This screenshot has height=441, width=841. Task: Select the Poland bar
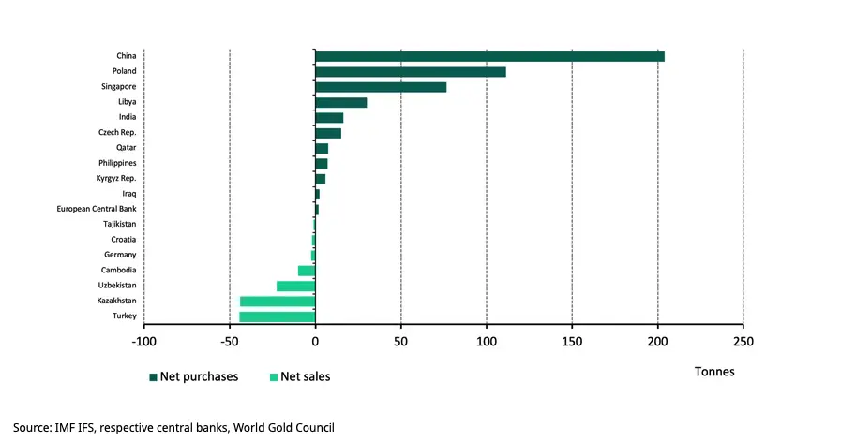(x=411, y=72)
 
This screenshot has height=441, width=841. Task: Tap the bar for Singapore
(x=381, y=87)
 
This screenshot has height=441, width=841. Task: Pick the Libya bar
(x=340, y=102)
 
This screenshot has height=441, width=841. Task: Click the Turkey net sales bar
(x=278, y=316)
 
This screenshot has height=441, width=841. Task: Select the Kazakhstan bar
(x=278, y=301)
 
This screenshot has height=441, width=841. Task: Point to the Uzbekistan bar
(x=295, y=286)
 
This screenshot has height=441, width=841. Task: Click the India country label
(x=128, y=117)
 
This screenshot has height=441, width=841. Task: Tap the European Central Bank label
(x=98, y=209)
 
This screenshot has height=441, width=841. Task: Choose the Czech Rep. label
(x=118, y=132)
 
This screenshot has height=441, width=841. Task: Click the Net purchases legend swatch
(x=153, y=377)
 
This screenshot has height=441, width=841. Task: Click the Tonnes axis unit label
(x=714, y=372)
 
